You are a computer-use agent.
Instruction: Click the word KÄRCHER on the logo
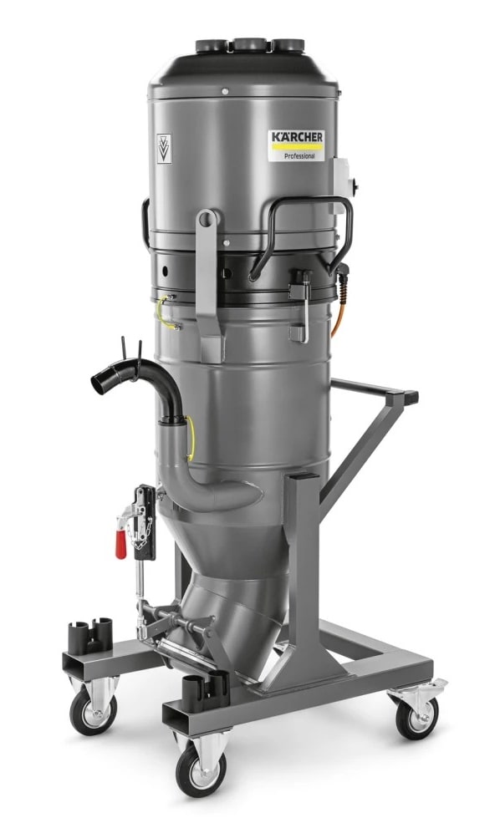tap(298, 137)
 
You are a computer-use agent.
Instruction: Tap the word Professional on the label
tap(299, 156)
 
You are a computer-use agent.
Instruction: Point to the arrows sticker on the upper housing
tap(164, 149)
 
